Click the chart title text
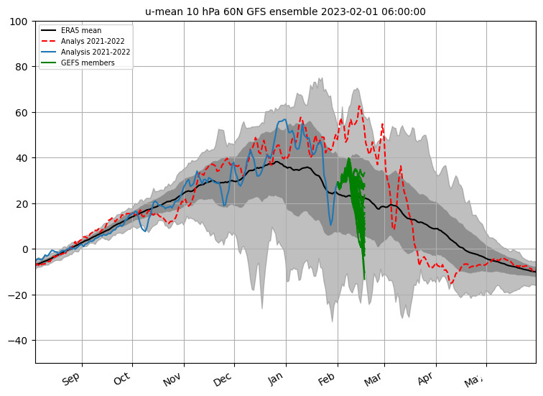click(x=285, y=11)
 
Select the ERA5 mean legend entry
click(x=80, y=31)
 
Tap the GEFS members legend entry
click(x=87, y=63)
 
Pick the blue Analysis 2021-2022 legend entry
click(x=94, y=52)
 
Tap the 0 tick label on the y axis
click(x=26, y=249)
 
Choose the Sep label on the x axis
click(x=72, y=379)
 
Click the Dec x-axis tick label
click(x=223, y=379)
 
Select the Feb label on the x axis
click(x=327, y=379)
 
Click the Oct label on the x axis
click(x=122, y=379)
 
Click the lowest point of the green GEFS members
click(x=364, y=279)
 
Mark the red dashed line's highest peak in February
click(x=358, y=106)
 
